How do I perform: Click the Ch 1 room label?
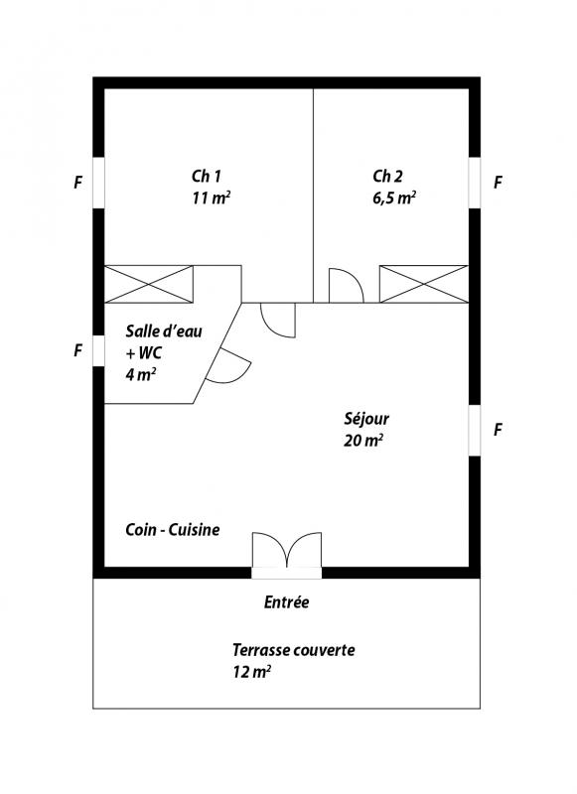[x=207, y=177]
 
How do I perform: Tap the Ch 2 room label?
[x=388, y=177]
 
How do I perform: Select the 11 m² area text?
[x=212, y=198]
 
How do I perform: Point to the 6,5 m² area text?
[x=394, y=198]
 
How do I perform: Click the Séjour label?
[x=366, y=419]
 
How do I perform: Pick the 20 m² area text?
[x=363, y=441]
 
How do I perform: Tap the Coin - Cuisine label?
[x=173, y=530]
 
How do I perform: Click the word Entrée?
[x=287, y=602]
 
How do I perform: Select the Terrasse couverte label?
[x=294, y=650]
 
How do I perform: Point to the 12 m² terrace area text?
[x=252, y=672]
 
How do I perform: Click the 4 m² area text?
[x=141, y=375]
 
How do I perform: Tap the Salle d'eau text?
[x=164, y=331]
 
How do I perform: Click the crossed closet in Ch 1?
[x=148, y=284]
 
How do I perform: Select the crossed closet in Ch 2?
[x=424, y=284]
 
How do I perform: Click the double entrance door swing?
[x=287, y=550]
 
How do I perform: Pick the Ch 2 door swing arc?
[x=347, y=285]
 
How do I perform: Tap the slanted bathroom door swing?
[x=229, y=366]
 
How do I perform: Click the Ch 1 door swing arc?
[x=278, y=320]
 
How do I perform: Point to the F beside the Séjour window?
[x=498, y=430]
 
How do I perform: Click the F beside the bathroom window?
[x=78, y=350]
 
